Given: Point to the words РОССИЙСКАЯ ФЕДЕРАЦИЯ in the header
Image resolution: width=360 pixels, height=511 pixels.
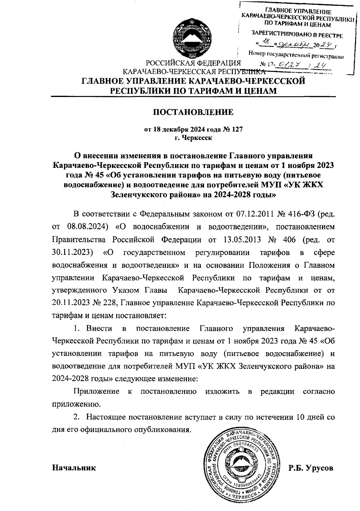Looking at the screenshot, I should point(193,63).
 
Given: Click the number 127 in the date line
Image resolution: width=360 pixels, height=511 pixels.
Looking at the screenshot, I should point(236,130).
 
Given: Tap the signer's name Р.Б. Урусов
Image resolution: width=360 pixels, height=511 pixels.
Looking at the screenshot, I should point(311,468).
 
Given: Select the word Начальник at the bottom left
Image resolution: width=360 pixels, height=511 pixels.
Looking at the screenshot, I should point(74,468).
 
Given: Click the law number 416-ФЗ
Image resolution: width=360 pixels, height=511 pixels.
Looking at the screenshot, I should point(297,215).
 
